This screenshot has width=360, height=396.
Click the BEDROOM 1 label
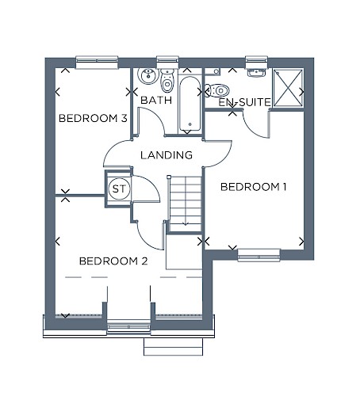coord(253,187)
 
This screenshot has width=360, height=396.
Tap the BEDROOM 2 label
coord(113,261)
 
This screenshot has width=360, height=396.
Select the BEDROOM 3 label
coord(93,118)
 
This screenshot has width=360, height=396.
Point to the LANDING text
coord(167,155)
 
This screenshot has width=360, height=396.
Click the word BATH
coord(156,100)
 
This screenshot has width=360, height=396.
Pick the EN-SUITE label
coord(244,102)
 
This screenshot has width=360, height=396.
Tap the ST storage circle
coord(119,188)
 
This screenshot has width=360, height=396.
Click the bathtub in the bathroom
coord(190,104)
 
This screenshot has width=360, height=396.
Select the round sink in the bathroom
coord(148,75)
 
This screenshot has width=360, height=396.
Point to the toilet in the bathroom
coord(167,80)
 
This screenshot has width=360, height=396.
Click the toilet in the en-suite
coord(217,90)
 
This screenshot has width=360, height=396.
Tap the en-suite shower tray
coord(288,88)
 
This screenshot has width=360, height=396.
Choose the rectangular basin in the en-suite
coord(256,73)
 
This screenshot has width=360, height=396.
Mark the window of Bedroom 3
coord(97,63)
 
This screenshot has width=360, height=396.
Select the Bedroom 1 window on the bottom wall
coord(259,255)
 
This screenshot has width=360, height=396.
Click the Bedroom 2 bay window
coord(128,327)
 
